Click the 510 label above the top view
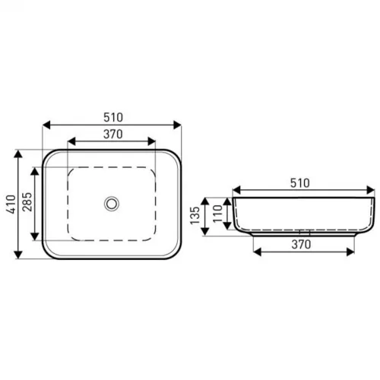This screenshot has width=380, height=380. pyautogui.click(x=113, y=117)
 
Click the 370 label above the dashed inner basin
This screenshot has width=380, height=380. pyautogui.click(x=113, y=134)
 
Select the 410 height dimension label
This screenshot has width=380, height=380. pyautogui.click(x=11, y=204)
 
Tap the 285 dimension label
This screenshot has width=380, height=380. pyautogui.click(x=27, y=202)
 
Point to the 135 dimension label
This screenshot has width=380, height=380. pyautogui.click(x=195, y=215)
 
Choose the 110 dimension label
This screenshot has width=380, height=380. pyautogui.click(x=217, y=214)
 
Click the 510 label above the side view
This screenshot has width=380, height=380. pyautogui.click(x=300, y=183)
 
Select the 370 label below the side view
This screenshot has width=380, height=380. pyautogui.click(x=301, y=245)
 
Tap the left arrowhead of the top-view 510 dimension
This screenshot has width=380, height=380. pyautogui.click(x=46, y=125)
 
